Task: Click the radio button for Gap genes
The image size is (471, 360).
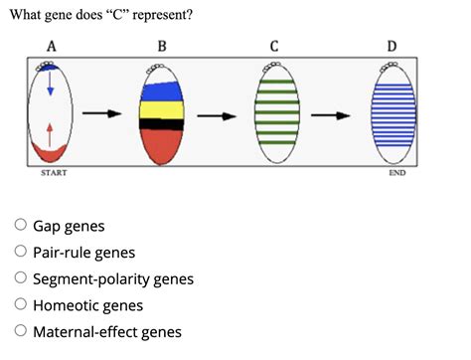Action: tap(19, 227)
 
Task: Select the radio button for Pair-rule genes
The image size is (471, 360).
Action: tap(19, 253)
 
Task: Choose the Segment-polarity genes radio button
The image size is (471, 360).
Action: tap(19, 279)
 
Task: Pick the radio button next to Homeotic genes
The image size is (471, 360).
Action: tap(19, 306)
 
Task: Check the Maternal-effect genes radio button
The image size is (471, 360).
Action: tap(19, 332)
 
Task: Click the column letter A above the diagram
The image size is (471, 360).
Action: tap(52, 46)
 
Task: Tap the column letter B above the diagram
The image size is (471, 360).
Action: tap(162, 46)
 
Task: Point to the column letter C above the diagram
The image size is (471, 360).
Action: tap(275, 46)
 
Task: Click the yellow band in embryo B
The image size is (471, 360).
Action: tap(162, 106)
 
